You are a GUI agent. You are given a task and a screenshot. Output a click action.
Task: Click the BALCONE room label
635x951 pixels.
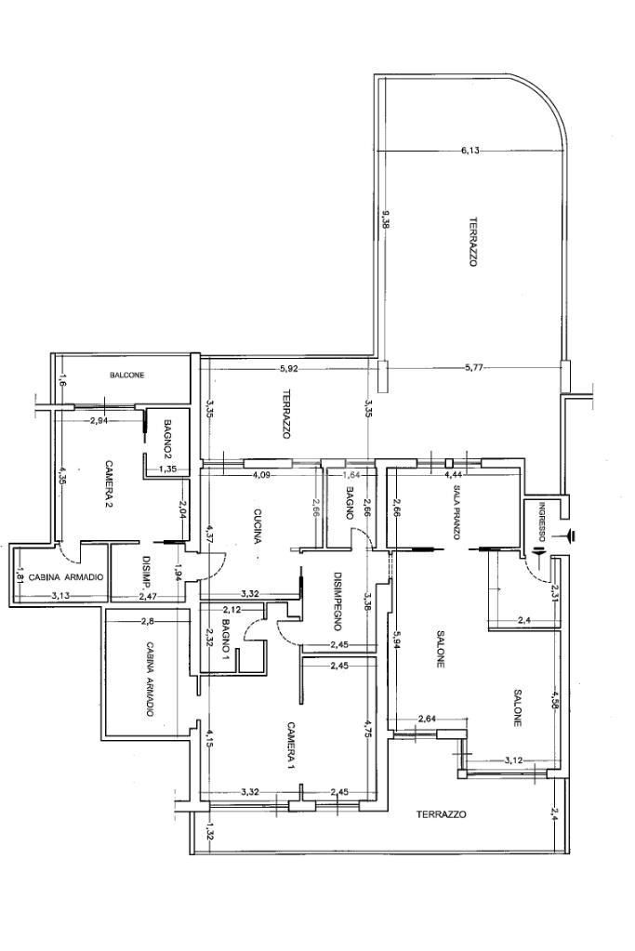pyautogui.click(x=127, y=376)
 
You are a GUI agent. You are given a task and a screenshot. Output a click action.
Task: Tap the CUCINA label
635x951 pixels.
pyautogui.click(x=258, y=526)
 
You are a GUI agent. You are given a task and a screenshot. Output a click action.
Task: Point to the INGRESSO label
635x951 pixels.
pyautogui.click(x=542, y=522)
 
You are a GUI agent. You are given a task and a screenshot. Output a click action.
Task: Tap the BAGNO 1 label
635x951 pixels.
pyautogui.click(x=226, y=636)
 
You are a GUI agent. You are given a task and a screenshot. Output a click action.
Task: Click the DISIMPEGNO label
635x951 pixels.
pyautogui.click(x=337, y=610)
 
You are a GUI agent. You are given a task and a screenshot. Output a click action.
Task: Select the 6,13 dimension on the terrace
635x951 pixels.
pyautogui.click(x=470, y=151)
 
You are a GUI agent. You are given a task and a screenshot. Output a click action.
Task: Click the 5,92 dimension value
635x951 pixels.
pyautogui.click(x=290, y=368)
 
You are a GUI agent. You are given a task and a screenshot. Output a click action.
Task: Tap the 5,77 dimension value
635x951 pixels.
pyautogui.click(x=473, y=367)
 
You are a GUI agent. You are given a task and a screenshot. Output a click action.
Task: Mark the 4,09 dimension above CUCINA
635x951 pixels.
pyautogui.click(x=261, y=475)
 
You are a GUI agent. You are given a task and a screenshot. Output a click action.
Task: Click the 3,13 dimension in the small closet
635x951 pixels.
pyautogui.click(x=60, y=596)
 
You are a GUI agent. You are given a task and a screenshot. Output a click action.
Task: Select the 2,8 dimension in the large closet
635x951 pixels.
pyautogui.click(x=149, y=620)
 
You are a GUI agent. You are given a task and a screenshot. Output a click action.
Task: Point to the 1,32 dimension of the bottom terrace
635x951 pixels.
pyautogui.click(x=210, y=830)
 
